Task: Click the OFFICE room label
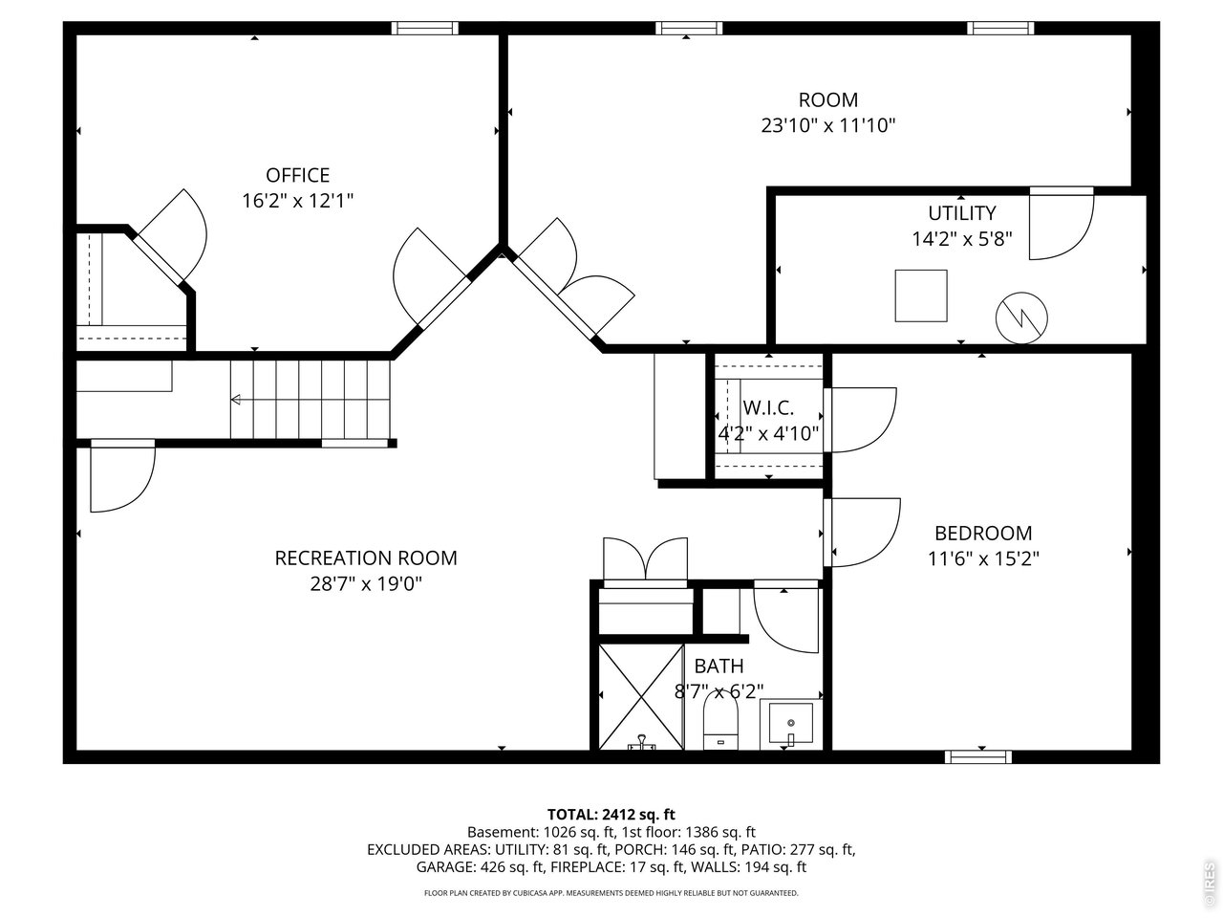coord(297,175)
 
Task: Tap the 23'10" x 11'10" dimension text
coord(827,125)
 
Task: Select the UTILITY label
coord(961,213)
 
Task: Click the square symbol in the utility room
coord(921,295)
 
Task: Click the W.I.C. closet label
coord(768,407)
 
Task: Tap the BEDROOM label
coord(982,534)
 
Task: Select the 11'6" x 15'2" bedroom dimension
coord(982,558)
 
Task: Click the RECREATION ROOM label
coord(366,557)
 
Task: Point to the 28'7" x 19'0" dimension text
coord(366,583)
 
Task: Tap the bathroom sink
coord(791,725)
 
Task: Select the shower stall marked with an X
coord(641,696)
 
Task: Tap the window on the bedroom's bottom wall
coord(977,756)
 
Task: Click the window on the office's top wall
coord(426,28)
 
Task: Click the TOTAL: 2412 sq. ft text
coord(611,815)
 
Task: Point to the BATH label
coord(719,667)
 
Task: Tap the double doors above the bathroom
coord(645,560)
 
